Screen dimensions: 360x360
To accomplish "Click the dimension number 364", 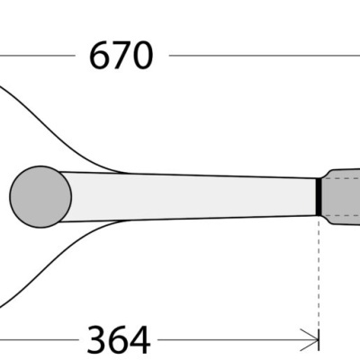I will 118,339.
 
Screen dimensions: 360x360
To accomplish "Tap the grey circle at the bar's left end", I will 40,195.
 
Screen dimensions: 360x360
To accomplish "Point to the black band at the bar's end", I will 319,196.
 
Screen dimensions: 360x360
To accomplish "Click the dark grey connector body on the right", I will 342,195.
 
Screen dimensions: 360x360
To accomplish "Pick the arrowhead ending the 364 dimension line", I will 313,340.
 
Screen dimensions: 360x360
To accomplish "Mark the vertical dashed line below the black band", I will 319,270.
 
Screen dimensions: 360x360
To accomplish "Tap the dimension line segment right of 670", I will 261,56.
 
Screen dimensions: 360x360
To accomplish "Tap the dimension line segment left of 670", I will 36,56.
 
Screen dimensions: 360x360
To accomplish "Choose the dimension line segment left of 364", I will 36,340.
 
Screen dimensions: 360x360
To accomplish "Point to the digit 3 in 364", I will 96,339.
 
